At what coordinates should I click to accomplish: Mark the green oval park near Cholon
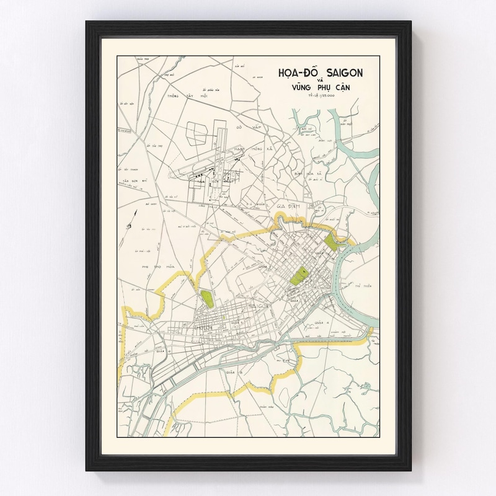click(206, 299)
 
